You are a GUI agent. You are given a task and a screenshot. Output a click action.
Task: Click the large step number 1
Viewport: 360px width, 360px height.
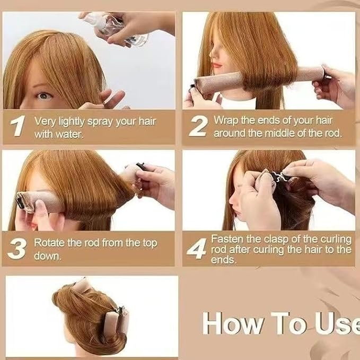17,126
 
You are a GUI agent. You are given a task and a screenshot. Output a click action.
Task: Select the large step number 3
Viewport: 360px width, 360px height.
17,249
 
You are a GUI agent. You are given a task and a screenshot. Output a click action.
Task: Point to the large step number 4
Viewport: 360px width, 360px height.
197,249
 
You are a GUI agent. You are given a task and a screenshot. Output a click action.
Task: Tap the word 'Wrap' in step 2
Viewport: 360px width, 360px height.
226,121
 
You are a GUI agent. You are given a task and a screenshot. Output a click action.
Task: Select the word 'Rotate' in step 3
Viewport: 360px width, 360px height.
49,243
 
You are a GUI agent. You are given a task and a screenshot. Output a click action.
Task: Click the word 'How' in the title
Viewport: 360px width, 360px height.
232,323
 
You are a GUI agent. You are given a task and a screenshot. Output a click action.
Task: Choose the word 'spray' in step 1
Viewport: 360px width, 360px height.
101,122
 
